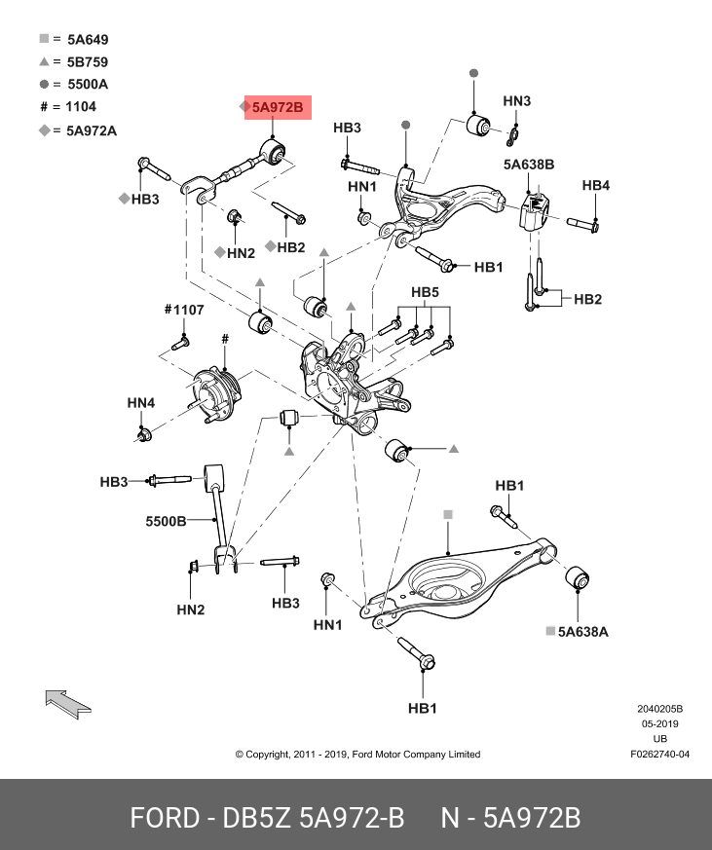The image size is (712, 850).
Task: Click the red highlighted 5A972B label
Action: click(x=278, y=108)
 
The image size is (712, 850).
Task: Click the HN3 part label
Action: click(x=517, y=101)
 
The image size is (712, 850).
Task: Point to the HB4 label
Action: click(x=596, y=185)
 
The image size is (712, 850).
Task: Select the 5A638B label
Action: click(x=529, y=166)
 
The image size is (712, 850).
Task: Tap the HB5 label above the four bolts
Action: click(x=425, y=292)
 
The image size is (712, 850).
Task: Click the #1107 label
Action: click(x=183, y=310)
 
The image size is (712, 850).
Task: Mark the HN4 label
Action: click(x=140, y=403)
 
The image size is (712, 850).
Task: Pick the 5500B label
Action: click(x=166, y=521)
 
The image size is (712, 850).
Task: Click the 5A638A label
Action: click(x=582, y=632)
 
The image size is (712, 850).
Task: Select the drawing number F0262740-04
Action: click(x=659, y=754)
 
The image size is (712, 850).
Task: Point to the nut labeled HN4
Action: click(x=144, y=433)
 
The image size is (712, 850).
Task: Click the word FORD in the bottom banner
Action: click(x=163, y=818)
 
